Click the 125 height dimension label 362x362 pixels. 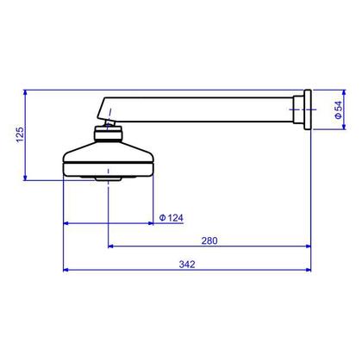(x=20, y=134)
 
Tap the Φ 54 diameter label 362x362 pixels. (x=339, y=110)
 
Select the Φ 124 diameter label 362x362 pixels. (x=172, y=218)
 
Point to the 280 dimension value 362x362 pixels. (x=209, y=240)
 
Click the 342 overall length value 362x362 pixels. (x=187, y=265)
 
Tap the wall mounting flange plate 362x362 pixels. (x=308, y=109)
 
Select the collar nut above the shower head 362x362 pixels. (x=108, y=134)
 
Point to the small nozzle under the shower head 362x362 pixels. (x=108, y=178)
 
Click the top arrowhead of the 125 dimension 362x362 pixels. (x=25, y=92)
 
